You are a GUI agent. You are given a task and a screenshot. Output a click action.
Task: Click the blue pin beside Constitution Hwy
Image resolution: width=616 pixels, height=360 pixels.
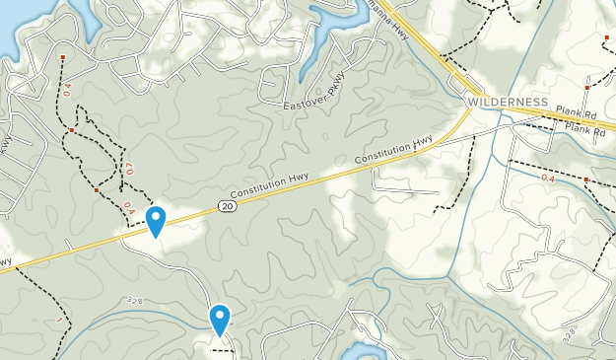coord(155,220)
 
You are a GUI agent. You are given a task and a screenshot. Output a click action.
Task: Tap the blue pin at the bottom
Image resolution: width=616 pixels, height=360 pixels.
coord(219,318)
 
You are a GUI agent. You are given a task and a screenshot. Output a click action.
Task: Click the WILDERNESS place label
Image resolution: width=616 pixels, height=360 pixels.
coord(507,103)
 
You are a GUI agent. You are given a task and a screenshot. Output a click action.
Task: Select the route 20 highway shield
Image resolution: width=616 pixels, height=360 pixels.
coord(227,205)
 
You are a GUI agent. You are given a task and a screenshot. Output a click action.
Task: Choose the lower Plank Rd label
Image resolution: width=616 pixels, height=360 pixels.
coord(585,129)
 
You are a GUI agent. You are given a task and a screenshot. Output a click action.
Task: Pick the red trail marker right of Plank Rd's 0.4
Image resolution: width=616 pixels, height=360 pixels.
coord(585,180)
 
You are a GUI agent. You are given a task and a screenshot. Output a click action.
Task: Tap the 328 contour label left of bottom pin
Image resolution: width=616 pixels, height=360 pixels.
coord(135,299)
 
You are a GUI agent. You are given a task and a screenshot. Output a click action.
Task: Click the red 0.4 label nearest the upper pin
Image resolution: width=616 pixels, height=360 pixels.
coord(127,207)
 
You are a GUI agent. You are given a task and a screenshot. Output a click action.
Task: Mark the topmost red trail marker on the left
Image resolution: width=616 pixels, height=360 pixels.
coord(63,58)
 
